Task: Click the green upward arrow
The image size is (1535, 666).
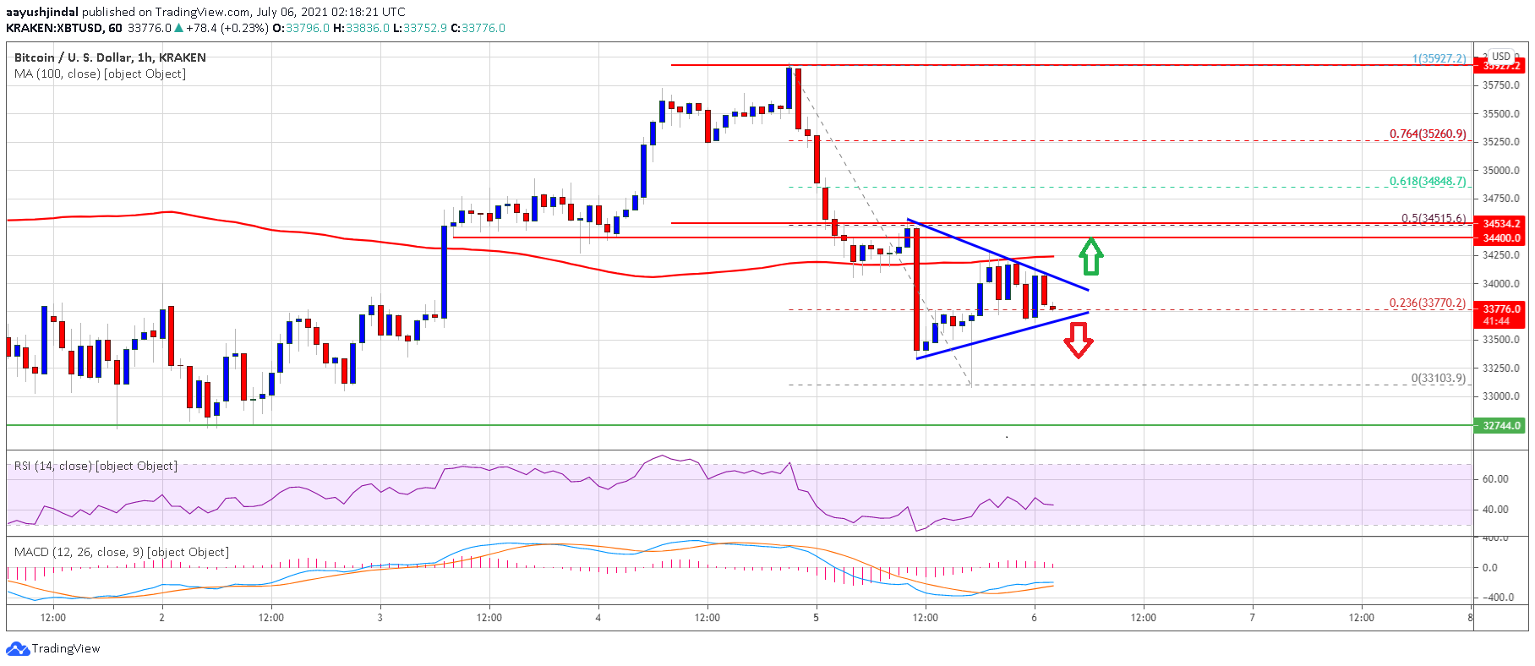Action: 1091,256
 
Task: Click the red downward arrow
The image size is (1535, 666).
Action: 1078,340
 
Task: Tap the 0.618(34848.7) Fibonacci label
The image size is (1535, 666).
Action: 1428,182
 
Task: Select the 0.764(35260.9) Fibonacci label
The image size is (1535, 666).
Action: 1428,134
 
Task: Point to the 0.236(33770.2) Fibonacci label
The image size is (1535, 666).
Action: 1428,303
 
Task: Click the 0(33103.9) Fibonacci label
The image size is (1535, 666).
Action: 1438,378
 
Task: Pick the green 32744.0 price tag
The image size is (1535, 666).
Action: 1500,425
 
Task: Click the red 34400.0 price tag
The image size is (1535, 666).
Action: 1500,238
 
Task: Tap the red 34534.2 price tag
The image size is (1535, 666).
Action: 1500,224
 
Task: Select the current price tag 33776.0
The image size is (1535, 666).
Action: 1500,309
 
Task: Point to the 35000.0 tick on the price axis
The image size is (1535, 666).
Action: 1500,170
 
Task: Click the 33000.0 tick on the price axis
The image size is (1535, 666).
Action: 1500,396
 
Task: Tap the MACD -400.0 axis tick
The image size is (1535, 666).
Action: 1499,598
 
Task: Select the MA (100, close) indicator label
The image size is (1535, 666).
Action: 100,74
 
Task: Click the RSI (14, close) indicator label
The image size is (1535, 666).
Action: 96,466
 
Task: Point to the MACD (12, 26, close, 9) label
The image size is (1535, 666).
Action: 121,552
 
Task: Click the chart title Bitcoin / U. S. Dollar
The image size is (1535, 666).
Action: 110,57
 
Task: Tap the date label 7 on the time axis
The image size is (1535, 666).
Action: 1252,618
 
